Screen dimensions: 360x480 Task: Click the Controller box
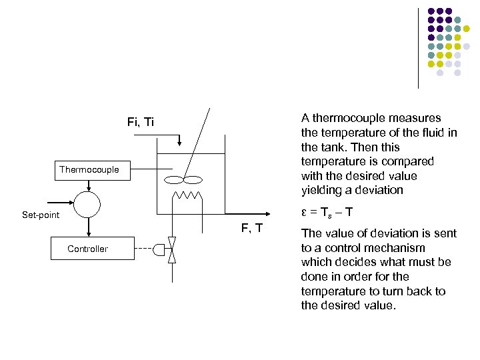[87, 249]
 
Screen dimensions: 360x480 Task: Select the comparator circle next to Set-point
[87, 203]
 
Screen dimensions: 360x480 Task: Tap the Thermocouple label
[89, 169]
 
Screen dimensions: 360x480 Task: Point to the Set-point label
[41, 215]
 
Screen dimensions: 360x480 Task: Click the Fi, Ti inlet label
[140, 122]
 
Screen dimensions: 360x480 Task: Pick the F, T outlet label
[251, 229]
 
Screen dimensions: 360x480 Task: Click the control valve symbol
[171, 249]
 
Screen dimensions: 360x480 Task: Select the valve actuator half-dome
[158, 249]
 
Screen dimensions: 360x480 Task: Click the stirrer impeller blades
[184, 179]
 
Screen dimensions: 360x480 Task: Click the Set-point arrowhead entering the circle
[71, 203]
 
